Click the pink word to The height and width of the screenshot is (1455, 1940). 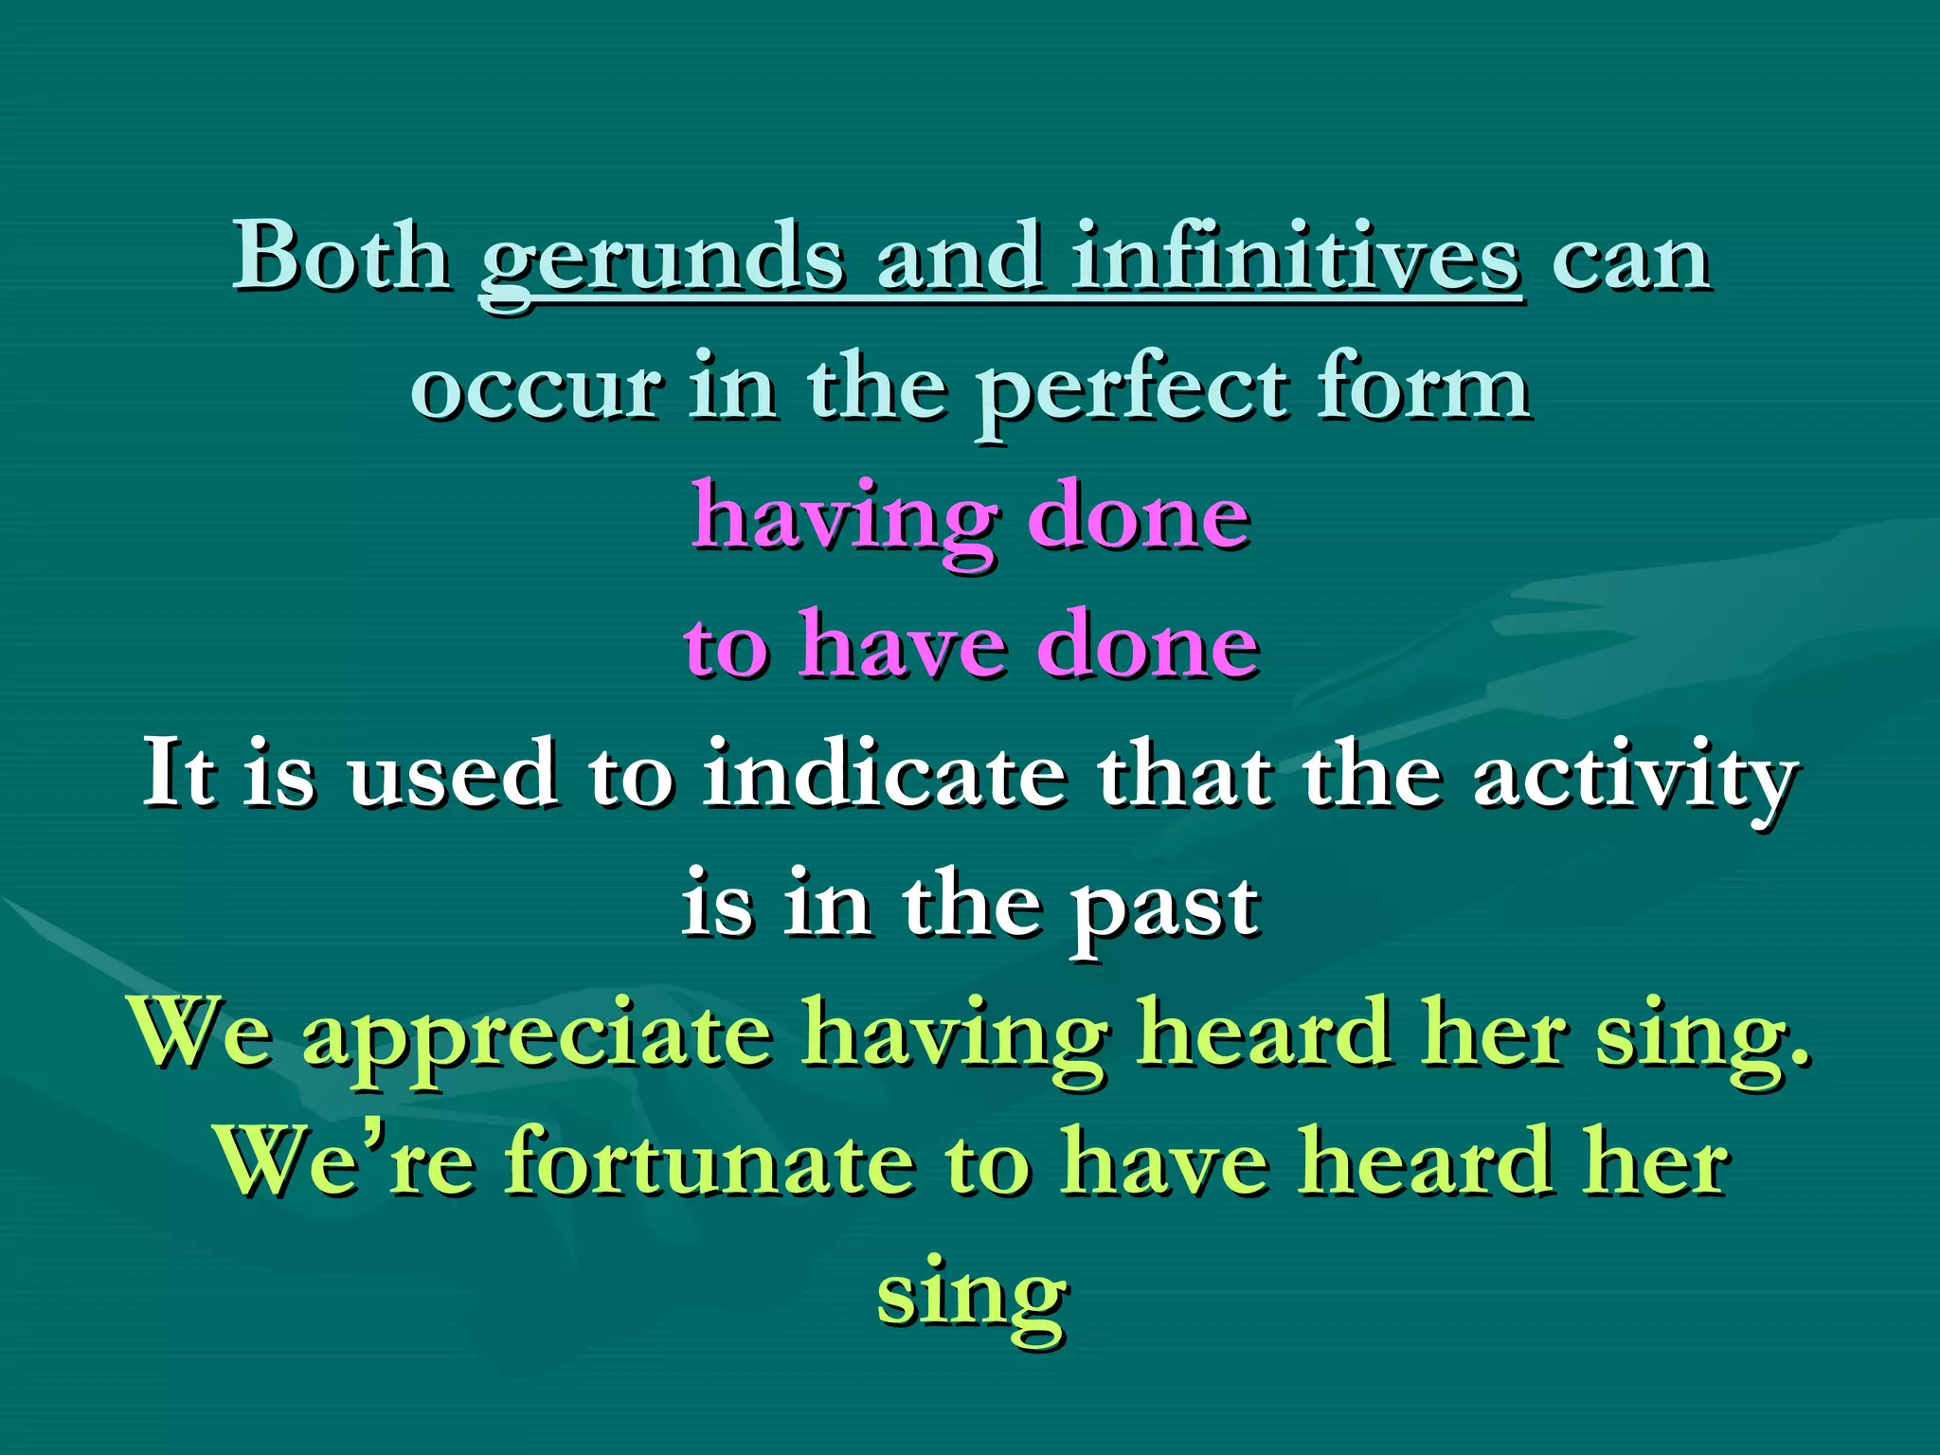coord(726,648)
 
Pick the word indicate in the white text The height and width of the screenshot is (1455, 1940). coord(884,775)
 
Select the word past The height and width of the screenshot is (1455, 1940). coord(1164,907)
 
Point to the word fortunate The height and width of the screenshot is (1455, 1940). coord(710,1163)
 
